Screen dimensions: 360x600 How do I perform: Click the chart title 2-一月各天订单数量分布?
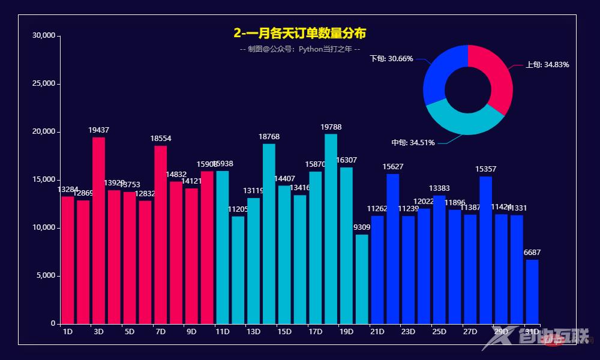[x=299, y=33]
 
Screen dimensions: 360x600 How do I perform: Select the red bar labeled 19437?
[x=98, y=231]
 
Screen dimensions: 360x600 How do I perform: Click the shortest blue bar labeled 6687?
[x=532, y=292]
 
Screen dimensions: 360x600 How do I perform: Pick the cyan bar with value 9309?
[x=362, y=280]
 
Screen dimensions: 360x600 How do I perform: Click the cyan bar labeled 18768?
[x=269, y=234]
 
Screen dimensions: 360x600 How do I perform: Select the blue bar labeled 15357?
[x=485, y=250]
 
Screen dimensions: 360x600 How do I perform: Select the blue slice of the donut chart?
[x=440, y=72]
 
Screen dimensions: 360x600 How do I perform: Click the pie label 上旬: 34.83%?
[x=547, y=65]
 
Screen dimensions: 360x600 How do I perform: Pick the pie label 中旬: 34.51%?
[x=413, y=143]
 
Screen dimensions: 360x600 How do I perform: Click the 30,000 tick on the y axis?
[x=43, y=36]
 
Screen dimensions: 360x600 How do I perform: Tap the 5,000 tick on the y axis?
[x=45, y=276]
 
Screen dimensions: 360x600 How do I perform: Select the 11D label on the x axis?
[x=222, y=332]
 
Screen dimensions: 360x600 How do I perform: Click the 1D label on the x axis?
[x=67, y=332]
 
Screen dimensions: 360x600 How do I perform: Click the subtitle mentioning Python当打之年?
[x=299, y=49]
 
